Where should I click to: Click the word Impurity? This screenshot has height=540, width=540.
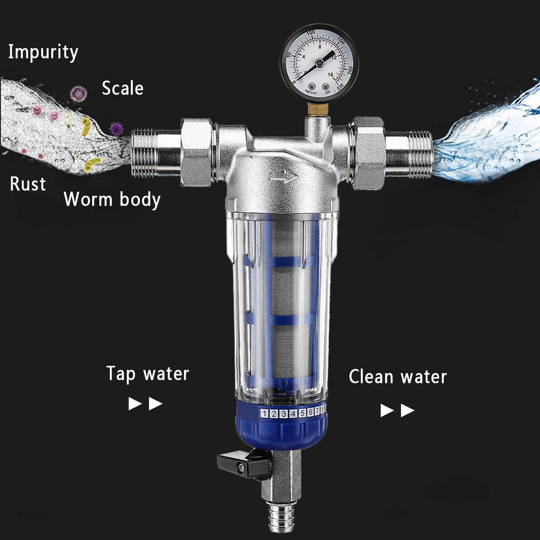pos(43,52)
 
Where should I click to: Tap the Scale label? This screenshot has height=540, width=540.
pos(122,88)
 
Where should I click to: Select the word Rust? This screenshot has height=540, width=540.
pos(28,184)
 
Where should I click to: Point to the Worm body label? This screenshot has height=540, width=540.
pos(112,199)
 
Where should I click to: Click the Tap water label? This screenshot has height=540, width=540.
pos(148,374)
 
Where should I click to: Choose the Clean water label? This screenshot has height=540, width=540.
pos(398,377)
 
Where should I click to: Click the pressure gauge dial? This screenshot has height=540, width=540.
pos(319,63)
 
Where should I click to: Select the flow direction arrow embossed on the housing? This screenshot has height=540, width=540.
pos(283,177)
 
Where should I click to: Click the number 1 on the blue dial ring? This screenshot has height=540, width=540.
pos(264,414)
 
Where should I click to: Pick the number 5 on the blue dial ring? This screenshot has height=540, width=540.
pos(302,413)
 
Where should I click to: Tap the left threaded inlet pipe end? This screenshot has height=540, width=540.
pos(144,153)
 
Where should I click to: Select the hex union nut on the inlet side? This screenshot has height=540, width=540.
pos(196,152)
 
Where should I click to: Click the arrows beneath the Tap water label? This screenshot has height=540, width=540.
pos(145,404)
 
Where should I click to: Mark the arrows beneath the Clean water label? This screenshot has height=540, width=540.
pos(397,410)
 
